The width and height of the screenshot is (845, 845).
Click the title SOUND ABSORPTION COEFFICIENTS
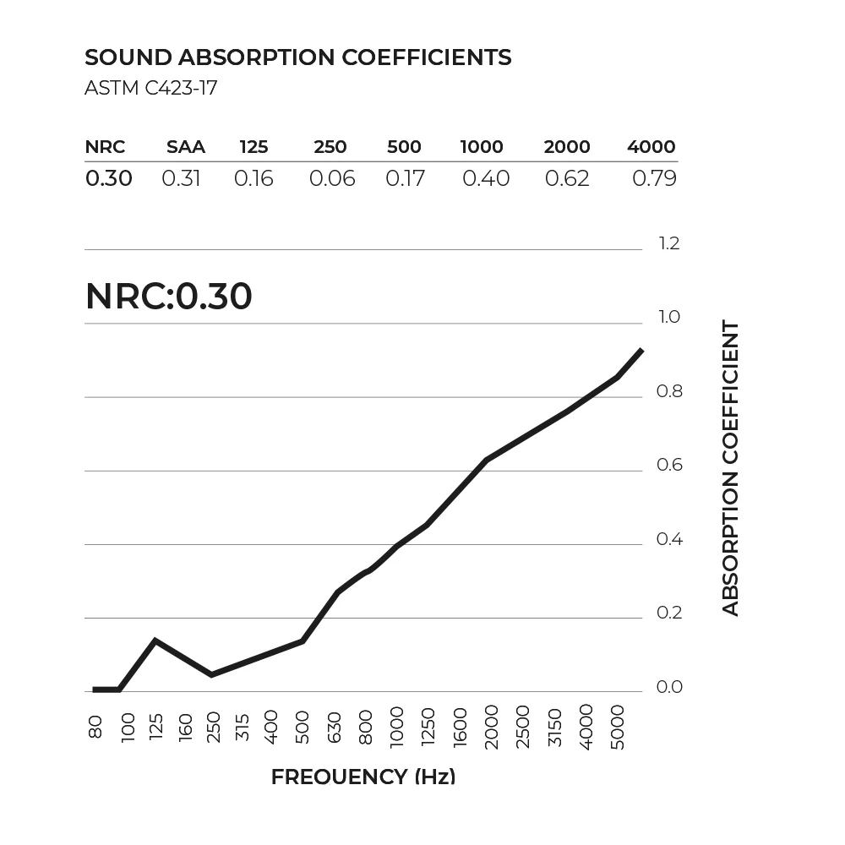click(298, 57)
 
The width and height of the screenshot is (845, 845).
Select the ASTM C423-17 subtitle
click(151, 89)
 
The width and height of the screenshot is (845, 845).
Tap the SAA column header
click(186, 147)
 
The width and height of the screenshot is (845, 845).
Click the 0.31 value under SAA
click(181, 179)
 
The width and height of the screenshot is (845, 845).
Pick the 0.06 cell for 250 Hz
click(332, 179)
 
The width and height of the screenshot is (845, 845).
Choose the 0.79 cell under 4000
click(654, 179)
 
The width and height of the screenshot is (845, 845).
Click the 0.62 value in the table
click(567, 179)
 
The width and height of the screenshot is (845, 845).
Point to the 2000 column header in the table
click(567, 147)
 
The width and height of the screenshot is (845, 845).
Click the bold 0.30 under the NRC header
click(109, 179)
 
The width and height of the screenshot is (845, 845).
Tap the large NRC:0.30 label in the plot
click(169, 297)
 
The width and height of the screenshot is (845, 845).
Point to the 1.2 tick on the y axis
click(668, 244)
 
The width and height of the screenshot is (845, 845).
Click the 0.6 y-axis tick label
click(668, 466)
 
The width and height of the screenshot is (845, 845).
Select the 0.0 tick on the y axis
click(668, 687)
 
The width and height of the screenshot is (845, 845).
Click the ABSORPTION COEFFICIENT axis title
click(731, 468)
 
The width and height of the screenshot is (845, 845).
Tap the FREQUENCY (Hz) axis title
click(363, 777)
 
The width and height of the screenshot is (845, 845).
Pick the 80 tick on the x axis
click(95, 727)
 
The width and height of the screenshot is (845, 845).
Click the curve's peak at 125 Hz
click(155, 641)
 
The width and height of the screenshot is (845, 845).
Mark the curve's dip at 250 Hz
click(211, 674)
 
